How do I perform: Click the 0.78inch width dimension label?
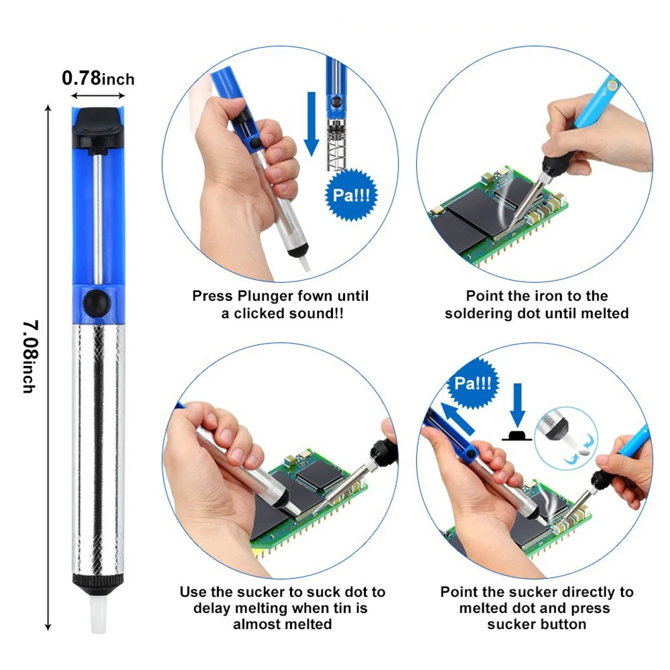[x=98, y=78]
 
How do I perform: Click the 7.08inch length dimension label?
[x=30, y=356]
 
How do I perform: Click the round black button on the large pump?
[x=97, y=304]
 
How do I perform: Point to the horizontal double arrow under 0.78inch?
[x=98, y=96]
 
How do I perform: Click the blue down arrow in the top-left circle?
[x=312, y=124]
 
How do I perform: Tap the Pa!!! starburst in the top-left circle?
[x=351, y=195]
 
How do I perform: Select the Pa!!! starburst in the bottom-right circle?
[x=472, y=383]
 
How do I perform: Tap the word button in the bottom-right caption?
[x=563, y=624]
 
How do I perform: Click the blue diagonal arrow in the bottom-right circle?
[x=458, y=419]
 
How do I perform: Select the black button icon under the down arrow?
[x=517, y=435]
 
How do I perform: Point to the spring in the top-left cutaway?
[x=336, y=145]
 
